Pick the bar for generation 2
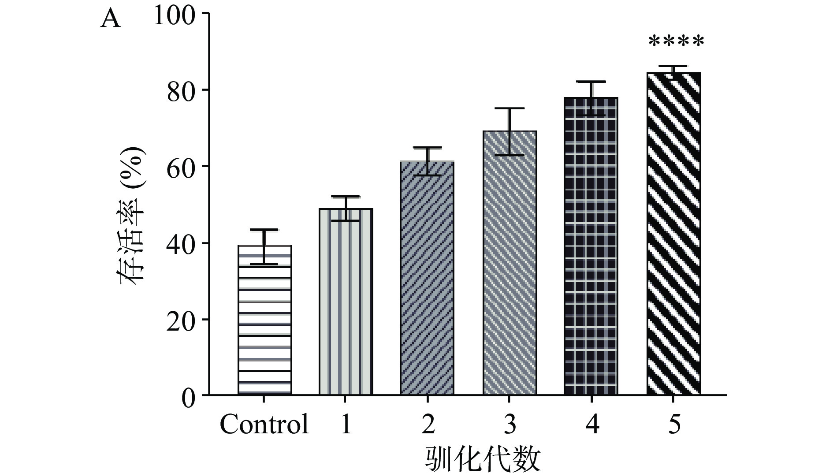[x=427, y=278]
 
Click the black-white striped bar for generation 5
[x=673, y=234]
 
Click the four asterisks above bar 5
[x=676, y=42]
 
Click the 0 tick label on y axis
[x=188, y=397]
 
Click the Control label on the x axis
[x=264, y=425]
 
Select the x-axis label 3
[x=509, y=425]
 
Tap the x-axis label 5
[x=674, y=425]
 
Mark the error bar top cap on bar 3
[x=509, y=108]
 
